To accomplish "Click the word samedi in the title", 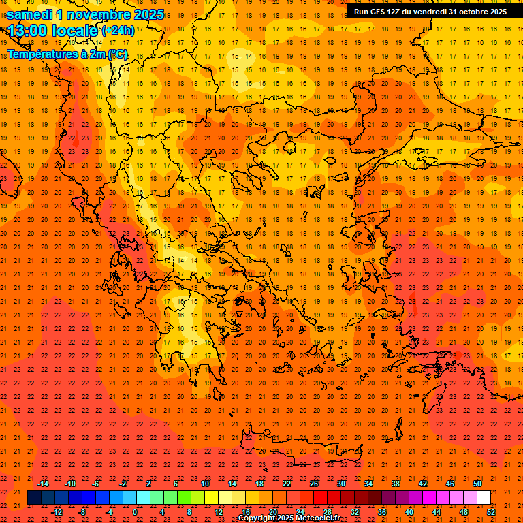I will (x=31, y=14).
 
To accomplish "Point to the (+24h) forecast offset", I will (x=118, y=31).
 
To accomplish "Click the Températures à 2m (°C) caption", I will (x=67, y=54).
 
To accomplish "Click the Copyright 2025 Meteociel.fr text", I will (x=289, y=518).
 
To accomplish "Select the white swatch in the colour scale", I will (x=484, y=498).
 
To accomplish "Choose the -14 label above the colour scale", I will (x=43, y=484).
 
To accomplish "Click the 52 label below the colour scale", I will (x=491, y=512).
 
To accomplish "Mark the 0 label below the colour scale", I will (x=135, y=512).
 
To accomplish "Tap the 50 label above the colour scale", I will (x=477, y=484).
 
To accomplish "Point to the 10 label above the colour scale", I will (x=204, y=484).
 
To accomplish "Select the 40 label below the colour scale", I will (x=409, y=512).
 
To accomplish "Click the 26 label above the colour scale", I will (x=314, y=484).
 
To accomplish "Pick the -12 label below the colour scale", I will (x=57, y=512).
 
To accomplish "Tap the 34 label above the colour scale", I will (x=368, y=484).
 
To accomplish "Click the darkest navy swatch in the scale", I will (x=34, y=498).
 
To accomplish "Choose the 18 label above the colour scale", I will (x=259, y=484).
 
